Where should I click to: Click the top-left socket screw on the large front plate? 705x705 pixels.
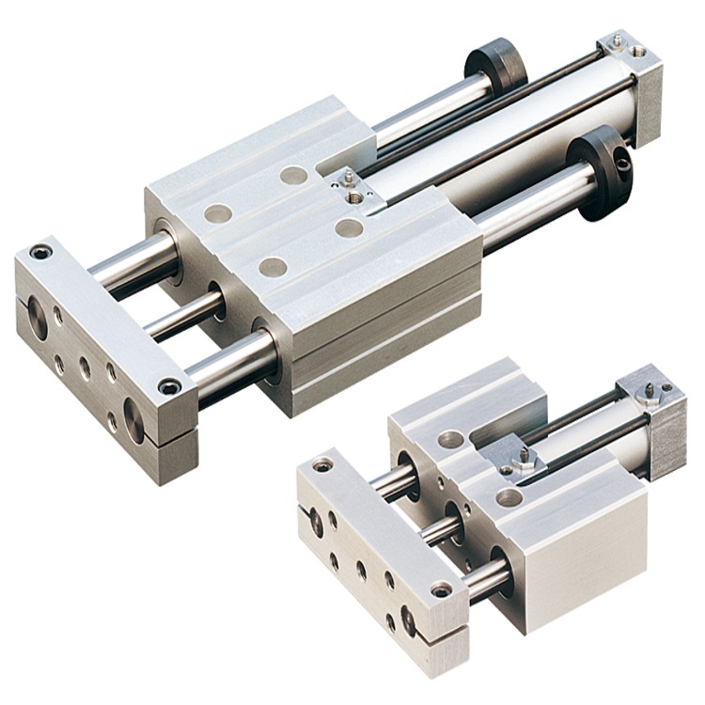(41, 252)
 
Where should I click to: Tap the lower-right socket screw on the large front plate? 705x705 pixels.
(169, 386)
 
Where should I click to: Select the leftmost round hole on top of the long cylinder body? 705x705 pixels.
(218, 213)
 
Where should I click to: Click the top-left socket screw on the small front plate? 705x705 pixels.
(323, 464)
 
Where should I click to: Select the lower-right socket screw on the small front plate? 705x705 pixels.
(440, 589)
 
